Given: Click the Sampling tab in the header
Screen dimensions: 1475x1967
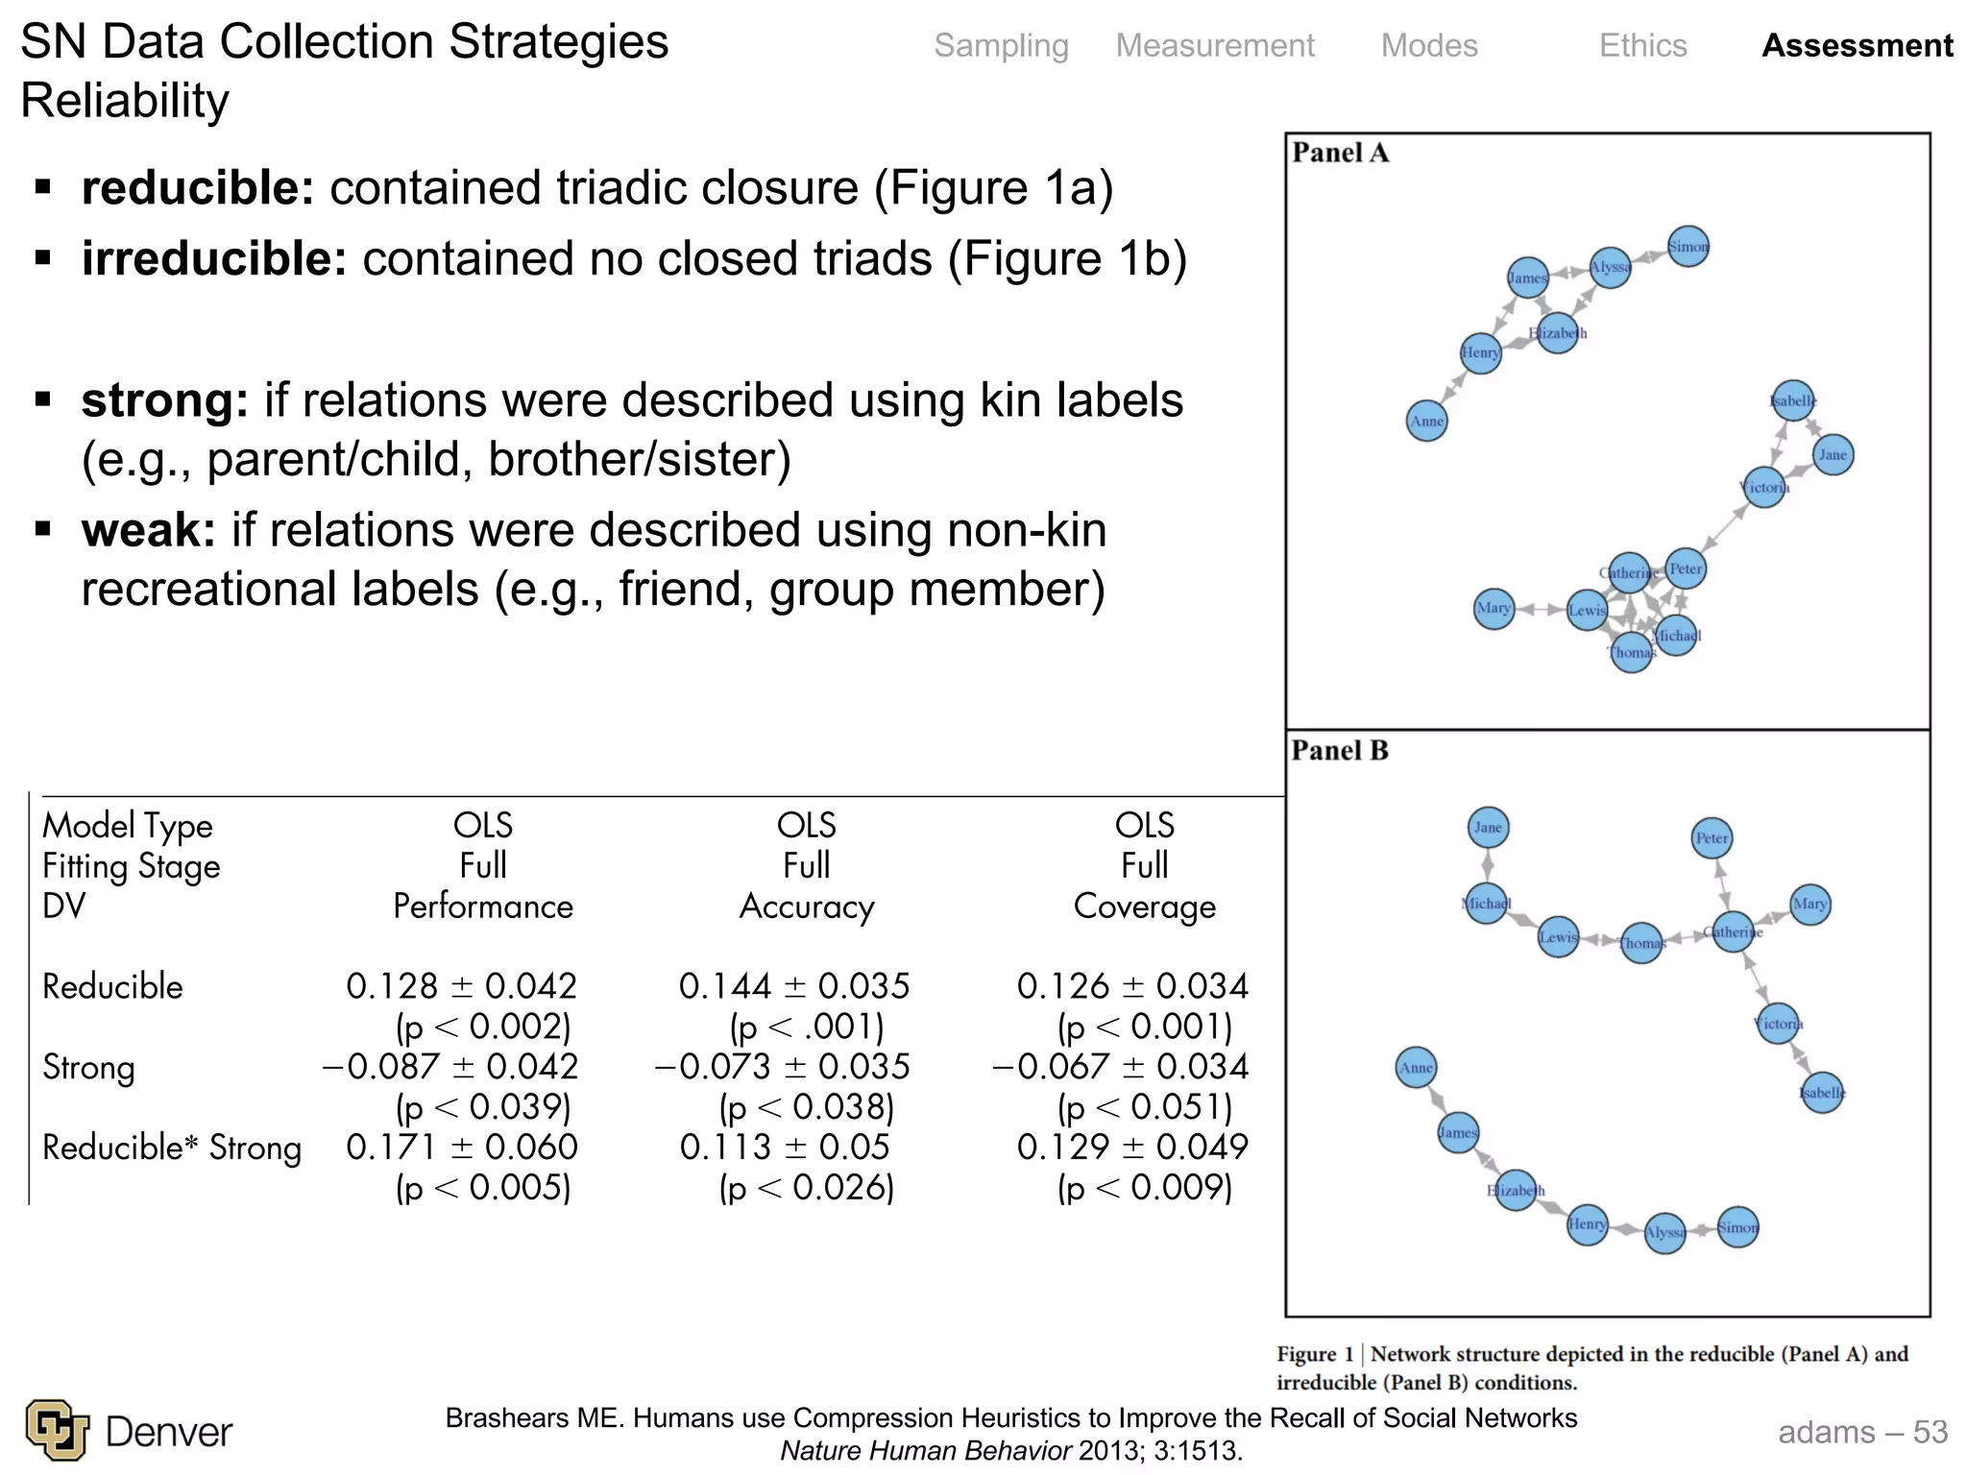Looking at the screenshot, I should pos(1001,46).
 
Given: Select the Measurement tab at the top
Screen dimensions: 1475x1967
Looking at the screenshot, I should pos(1215,46).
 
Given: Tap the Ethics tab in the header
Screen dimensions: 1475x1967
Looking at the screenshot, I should pos(1642,46).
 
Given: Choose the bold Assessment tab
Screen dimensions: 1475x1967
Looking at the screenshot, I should pos(1857,46).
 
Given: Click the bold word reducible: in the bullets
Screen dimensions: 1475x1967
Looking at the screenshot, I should pos(198,188).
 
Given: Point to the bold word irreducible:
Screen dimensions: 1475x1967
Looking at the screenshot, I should pos(214,259).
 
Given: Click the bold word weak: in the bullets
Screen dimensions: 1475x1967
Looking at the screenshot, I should pos(149,530).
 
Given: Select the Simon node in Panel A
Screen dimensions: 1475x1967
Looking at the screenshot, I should pos(1688,247).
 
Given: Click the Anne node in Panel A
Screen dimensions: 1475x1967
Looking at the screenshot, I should pos(1426,421).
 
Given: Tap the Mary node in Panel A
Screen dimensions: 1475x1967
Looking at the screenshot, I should pos(1493,608).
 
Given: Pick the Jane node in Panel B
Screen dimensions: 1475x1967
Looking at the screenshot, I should pos(1488,828).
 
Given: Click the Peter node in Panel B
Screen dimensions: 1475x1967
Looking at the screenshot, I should pos(1712,837).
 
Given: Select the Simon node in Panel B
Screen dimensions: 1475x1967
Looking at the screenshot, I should pos(1737,1227).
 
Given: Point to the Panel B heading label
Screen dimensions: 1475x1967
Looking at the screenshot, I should pos(1340,751).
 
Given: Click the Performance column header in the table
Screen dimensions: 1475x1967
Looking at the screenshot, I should pos(483,907).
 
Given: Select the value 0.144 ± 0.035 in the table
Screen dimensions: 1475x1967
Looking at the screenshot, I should pos(794,986).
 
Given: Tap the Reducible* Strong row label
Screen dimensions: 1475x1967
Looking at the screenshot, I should pos(172,1148).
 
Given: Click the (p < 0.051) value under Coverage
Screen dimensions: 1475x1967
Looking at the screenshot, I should pos(1145,1107).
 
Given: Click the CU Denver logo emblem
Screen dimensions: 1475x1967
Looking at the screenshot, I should pos(58,1430).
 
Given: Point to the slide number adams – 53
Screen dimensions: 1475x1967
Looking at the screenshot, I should pos(1862,1432).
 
